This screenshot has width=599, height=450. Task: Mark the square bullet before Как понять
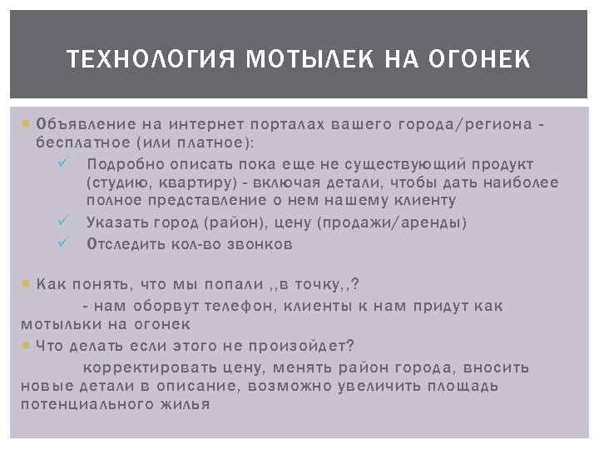tap(25, 284)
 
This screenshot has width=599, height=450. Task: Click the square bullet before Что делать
tap(25, 345)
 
